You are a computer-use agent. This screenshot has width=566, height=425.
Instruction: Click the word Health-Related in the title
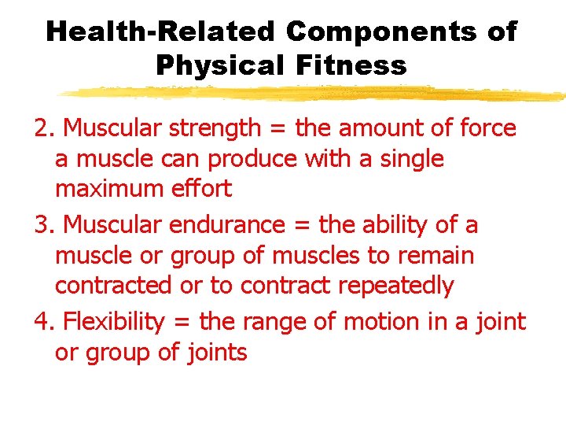pyautogui.click(x=160, y=32)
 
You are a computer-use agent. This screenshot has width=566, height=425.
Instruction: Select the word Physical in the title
pyautogui.click(x=222, y=65)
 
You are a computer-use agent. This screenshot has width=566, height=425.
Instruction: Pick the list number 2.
pyautogui.click(x=44, y=128)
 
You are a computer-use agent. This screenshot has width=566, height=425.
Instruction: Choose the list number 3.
pyautogui.click(x=44, y=225)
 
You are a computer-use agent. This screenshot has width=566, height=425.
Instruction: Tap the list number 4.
pyautogui.click(x=44, y=322)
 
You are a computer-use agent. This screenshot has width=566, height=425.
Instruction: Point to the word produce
pyautogui.click(x=255, y=159)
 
